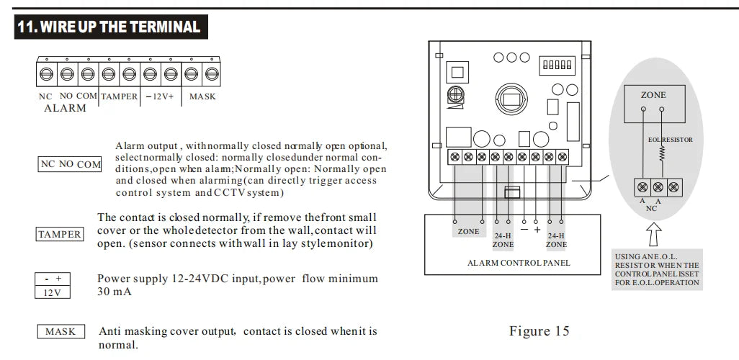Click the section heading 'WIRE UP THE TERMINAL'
click(108, 27)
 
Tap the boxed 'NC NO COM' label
click(70, 164)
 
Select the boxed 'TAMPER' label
click(59, 234)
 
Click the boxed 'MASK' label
click(61, 332)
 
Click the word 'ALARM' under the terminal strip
click(65, 109)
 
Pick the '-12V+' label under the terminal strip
click(160, 96)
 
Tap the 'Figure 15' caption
click(539, 331)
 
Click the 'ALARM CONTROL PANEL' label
click(519, 263)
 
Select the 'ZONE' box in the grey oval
click(653, 95)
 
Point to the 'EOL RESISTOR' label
click(670, 140)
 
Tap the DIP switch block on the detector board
click(557, 65)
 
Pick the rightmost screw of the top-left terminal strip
click(212, 73)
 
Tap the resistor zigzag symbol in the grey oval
click(662, 155)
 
